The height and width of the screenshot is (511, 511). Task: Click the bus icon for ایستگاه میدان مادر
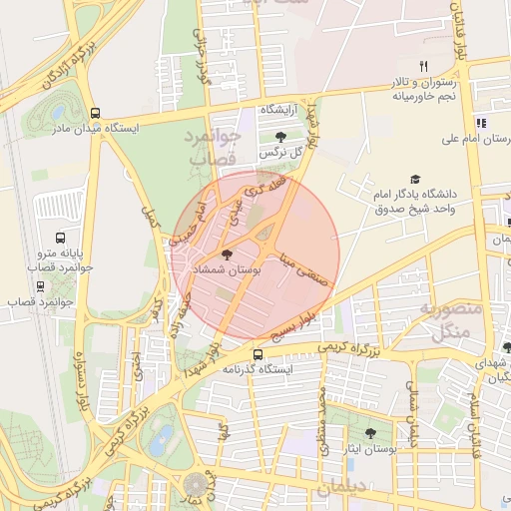tap(95, 113)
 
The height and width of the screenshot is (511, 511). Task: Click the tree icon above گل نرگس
tap(279, 137)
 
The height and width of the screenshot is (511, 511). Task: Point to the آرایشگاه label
tap(280, 108)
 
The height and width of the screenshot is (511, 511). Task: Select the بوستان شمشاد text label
tap(231, 270)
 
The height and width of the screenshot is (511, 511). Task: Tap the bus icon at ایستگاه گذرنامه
tap(258, 354)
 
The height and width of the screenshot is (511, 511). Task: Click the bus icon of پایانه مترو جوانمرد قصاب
tap(61, 239)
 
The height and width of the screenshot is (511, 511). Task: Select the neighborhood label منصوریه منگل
tap(454, 321)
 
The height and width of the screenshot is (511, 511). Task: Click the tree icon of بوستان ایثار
tap(370, 433)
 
